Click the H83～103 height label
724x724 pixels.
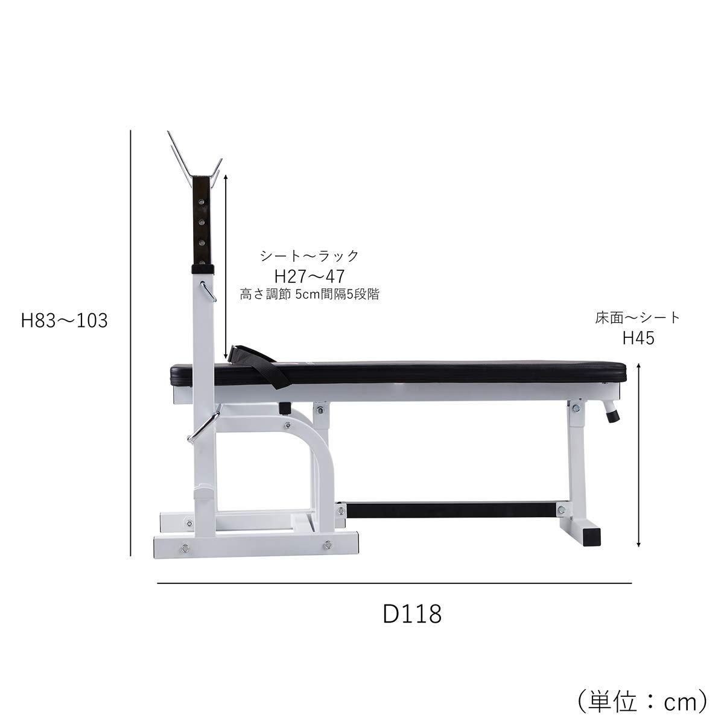[64, 320]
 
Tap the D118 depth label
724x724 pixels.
[413, 614]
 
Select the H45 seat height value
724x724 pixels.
[638, 338]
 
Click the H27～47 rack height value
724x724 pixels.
[309, 277]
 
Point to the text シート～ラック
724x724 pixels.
[309, 256]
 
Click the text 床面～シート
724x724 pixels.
[637, 318]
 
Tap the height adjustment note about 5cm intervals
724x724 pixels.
[310, 295]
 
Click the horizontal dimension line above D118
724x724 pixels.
[395, 583]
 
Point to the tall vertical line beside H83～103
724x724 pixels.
[131, 344]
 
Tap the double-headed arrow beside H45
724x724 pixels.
[639, 454]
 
